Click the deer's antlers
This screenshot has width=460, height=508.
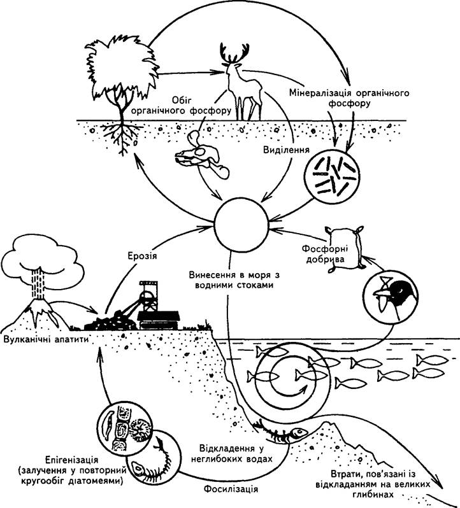[x=234, y=53]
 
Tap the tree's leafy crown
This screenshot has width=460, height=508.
[x=122, y=65]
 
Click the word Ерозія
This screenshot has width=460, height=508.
[x=141, y=256]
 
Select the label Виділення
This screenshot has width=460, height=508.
[x=286, y=150]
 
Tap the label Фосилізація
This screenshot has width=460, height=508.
[x=231, y=489]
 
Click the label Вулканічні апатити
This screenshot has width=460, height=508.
[x=45, y=339]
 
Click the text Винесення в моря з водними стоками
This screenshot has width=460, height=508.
[x=234, y=280]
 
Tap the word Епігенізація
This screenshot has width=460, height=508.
[x=71, y=460]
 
